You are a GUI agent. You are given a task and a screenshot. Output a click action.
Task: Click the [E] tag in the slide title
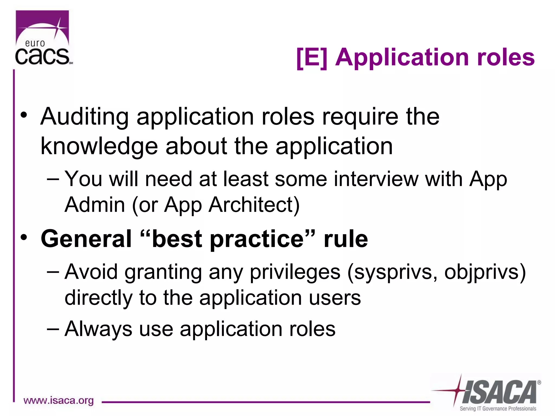[x=312, y=57]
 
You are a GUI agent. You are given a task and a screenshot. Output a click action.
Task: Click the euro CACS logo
[x=43, y=38]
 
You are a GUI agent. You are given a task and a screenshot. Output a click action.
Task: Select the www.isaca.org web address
[x=59, y=401]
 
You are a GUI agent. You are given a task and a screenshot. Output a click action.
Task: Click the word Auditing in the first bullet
[x=85, y=117]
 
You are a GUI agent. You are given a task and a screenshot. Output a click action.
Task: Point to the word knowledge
[x=99, y=147]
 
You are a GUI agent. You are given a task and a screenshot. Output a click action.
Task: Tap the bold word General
[x=86, y=239]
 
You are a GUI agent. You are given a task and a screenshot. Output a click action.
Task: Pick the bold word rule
[x=346, y=239]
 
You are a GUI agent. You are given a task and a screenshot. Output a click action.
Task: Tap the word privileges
[x=295, y=272]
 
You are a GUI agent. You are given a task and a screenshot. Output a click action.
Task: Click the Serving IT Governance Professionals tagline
[x=498, y=408]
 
